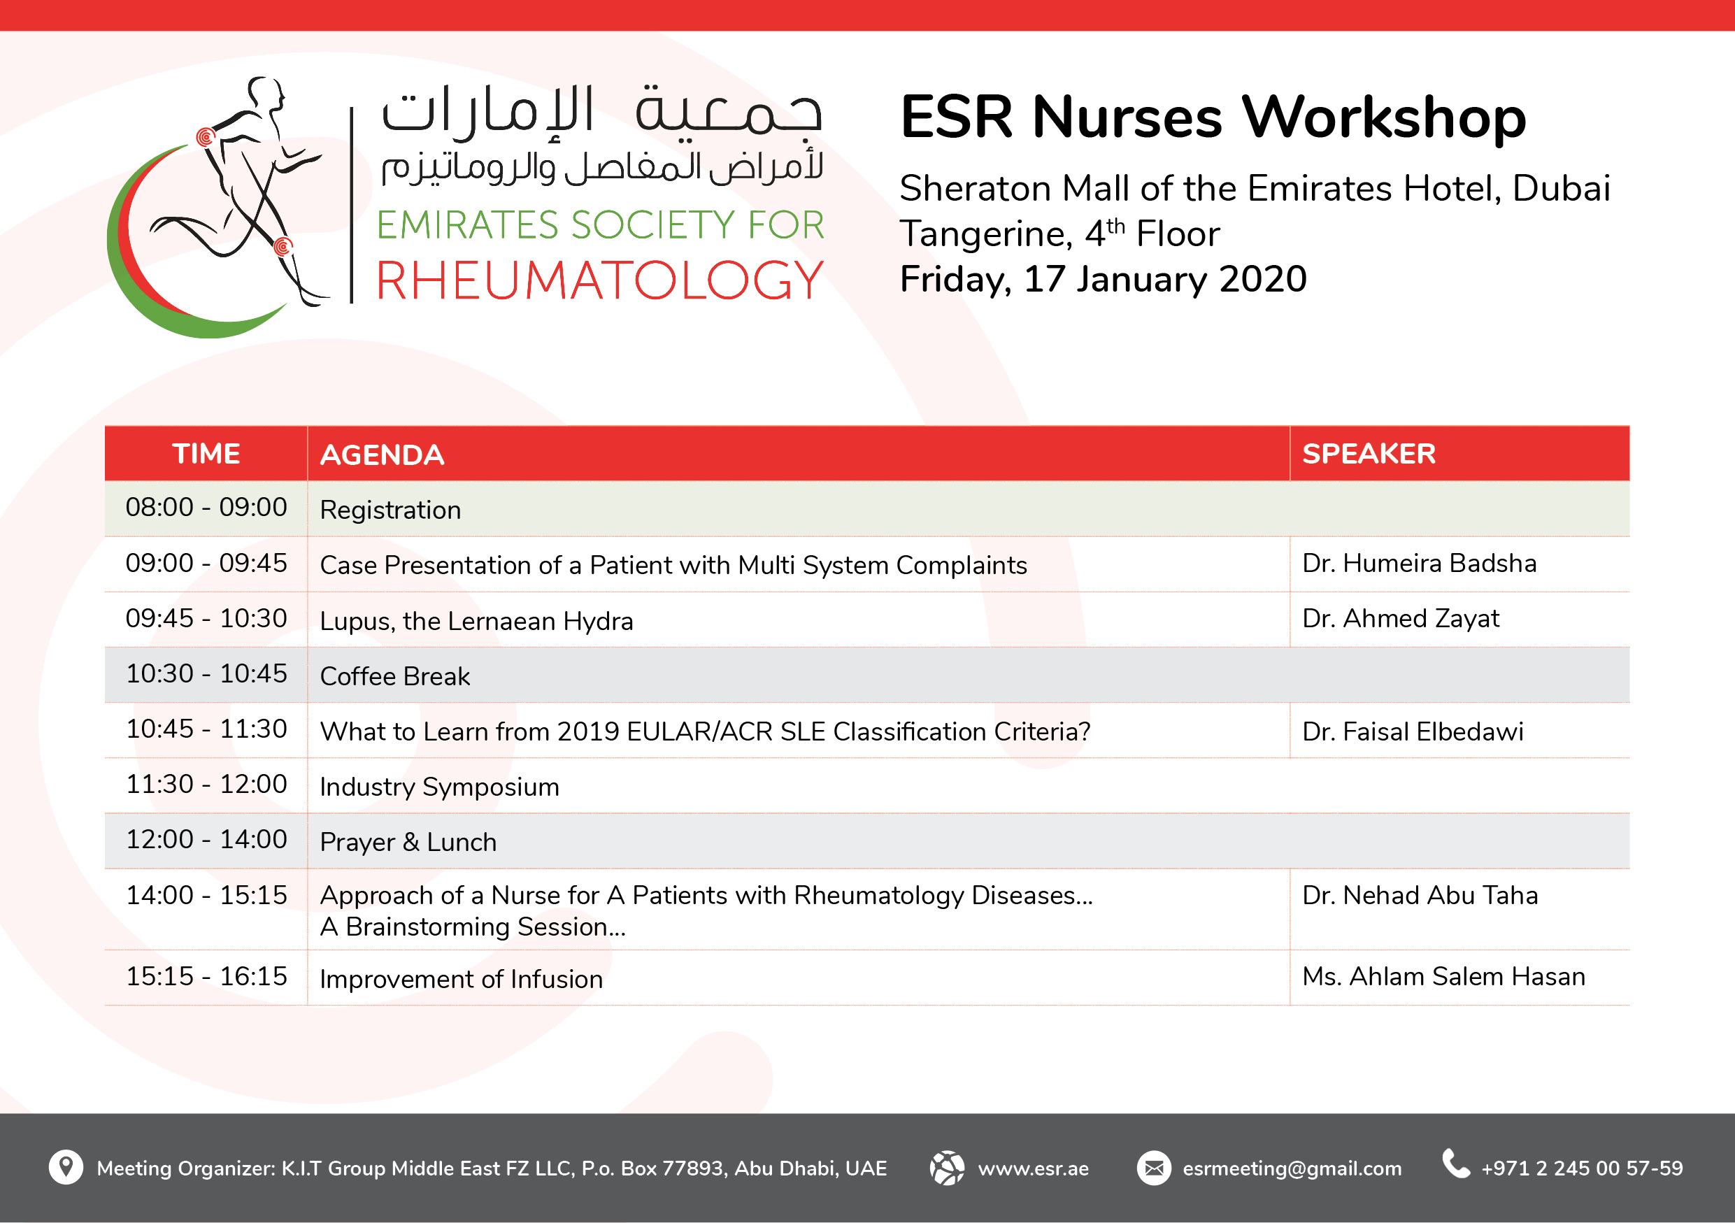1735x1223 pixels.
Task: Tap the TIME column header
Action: point(206,454)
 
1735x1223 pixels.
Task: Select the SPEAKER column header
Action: point(1369,454)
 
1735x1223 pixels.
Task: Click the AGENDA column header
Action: point(382,455)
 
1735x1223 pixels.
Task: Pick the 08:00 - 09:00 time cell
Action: point(206,507)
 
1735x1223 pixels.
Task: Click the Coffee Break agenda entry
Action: point(394,676)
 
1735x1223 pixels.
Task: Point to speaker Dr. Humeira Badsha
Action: point(1419,564)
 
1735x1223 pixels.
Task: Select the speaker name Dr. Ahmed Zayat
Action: point(1400,619)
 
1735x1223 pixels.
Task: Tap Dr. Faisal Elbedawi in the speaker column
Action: point(1413,731)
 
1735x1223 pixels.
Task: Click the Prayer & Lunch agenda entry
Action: point(408,843)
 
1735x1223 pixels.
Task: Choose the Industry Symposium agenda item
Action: point(439,787)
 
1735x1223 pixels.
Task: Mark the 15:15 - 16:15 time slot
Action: point(206,976)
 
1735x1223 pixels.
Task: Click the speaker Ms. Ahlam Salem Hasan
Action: point(1443,976)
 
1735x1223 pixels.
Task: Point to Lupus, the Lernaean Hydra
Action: point(476,621)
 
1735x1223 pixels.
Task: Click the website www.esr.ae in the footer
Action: point(1033,1168)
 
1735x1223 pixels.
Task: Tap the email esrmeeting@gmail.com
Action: point(1292,1168)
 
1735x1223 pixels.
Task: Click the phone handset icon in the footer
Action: point(1456,1164)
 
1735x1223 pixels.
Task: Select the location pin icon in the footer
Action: point(66,1167)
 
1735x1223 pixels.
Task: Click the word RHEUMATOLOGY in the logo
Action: point(600,281)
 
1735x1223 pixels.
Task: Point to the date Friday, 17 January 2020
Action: point(1104,280)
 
